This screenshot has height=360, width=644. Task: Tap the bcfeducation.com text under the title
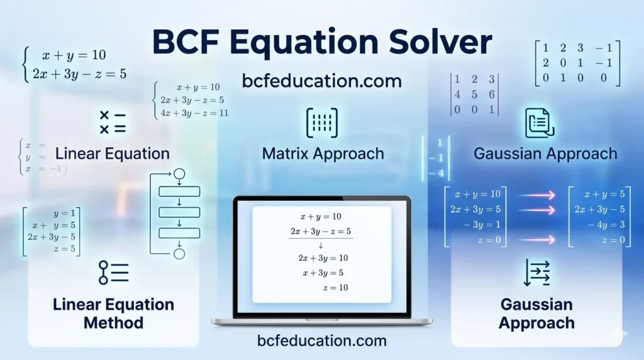click(321, 81)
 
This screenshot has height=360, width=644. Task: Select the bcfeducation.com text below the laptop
click(321, 340)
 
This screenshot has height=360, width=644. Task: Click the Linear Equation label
click(112, 154)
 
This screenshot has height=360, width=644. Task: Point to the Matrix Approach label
click(323, 154)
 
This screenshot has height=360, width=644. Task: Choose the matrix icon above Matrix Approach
click(322, 123)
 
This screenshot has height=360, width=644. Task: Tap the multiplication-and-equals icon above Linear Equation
click(113, 122)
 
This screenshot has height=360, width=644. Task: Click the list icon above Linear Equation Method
click(113, 272)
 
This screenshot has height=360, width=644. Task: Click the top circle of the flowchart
click(179, 174)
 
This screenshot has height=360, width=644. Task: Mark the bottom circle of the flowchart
click(179, 254)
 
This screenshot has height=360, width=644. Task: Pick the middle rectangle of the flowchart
click(179, 212)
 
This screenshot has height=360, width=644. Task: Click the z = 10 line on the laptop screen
click(335, 287)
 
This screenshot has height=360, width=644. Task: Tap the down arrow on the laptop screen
click(321, 245)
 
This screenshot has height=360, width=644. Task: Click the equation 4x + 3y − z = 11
click(194, 113)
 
